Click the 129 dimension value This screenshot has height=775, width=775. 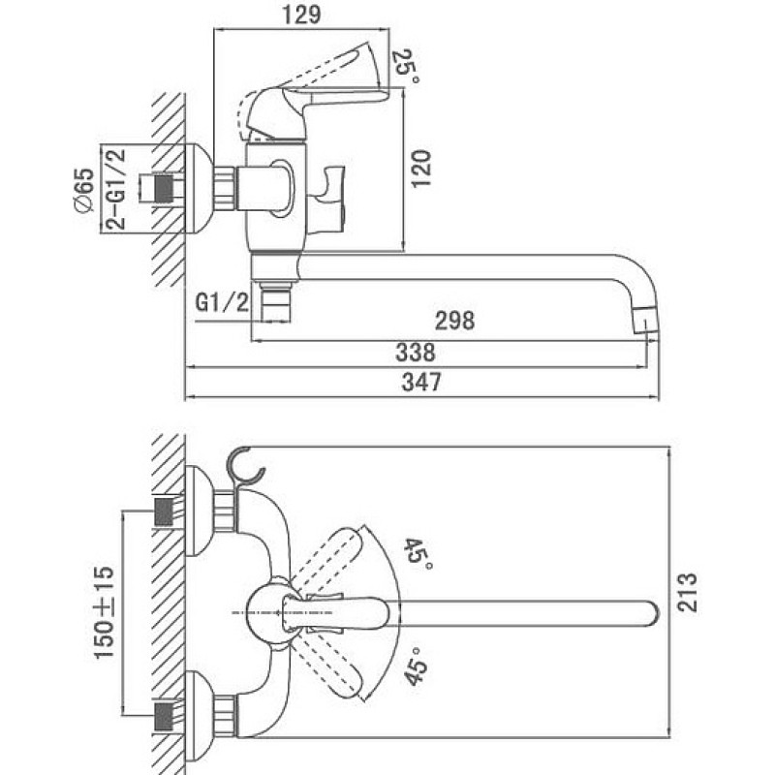pos(301,15)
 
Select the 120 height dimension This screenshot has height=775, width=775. pos(421,169)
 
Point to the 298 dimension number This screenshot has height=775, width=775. pos(454,321)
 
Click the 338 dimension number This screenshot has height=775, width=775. pos(416,353)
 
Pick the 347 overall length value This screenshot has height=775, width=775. pos(421,382)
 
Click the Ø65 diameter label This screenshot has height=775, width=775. pos(84,190)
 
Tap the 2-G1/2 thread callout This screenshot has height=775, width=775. pos(115,188)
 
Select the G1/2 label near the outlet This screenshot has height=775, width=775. pos(222,302)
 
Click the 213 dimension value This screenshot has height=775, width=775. pos(687,593)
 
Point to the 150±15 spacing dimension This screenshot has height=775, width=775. pos(104,612)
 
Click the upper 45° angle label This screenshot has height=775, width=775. pos(418,553)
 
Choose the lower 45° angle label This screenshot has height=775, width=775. pos(416,666)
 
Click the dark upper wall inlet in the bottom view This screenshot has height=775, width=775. pos(164,511)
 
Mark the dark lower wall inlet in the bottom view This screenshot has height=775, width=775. pos(164,716)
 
